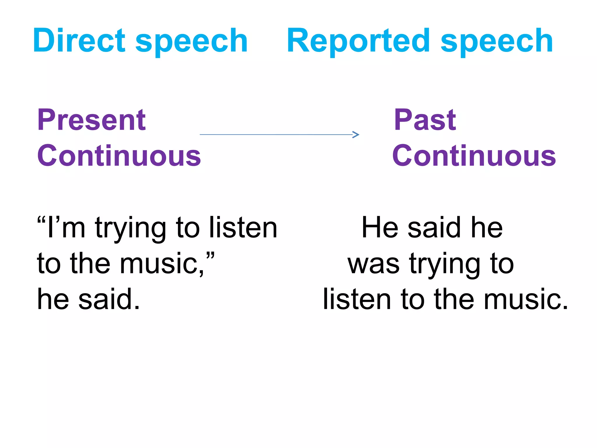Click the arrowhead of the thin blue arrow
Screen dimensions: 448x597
click(x=356, y=134)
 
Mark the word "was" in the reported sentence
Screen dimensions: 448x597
click(x=373, y=264)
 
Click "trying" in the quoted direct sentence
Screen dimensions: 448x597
click(x=130, y=229)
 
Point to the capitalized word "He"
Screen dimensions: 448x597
click(x=380, y=228)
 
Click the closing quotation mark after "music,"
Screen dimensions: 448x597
click(x=210, y=255)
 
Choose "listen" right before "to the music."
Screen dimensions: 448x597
click(x=357, y=299)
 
